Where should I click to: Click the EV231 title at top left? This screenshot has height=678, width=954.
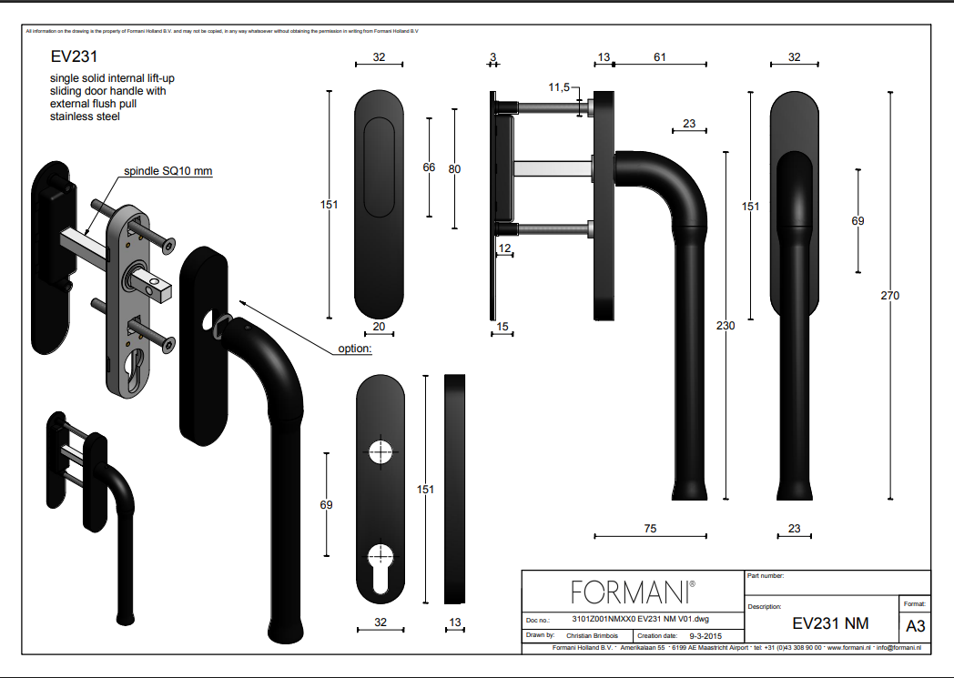[x=74, y=56]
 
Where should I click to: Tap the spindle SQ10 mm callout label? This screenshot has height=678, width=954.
[x=167, y=171]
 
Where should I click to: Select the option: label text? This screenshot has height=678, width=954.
[x=355, y=349]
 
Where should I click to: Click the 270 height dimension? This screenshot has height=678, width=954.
[x=889, y=296]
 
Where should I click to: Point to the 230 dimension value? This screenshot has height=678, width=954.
[x=726, y=326]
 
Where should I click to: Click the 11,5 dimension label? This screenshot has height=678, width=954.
[x=559, y=87]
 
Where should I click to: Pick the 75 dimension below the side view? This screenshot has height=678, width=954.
[x=650, y=529]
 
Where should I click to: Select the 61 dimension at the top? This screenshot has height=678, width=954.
[x=660, y=57]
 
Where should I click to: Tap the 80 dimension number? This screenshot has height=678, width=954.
[x=454, y=169]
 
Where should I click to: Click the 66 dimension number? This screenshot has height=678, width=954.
[x=429, y=167]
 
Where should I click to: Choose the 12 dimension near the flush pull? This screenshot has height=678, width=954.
[x=504, y=248]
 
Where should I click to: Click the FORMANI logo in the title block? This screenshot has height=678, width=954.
[x=633, y=592]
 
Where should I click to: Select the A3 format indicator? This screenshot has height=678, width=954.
[x=915, y=626]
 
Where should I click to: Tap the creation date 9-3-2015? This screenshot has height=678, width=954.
[x=705, y=636]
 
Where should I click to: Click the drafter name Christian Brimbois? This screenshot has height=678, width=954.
[x=592, y=635]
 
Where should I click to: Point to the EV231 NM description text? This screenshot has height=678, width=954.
[x=830, y=623]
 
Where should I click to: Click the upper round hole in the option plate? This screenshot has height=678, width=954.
[x=381, y=451]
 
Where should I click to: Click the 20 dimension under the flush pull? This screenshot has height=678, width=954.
[x=379, y=327]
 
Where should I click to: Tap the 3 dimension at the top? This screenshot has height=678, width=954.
[x=492, y=57]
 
